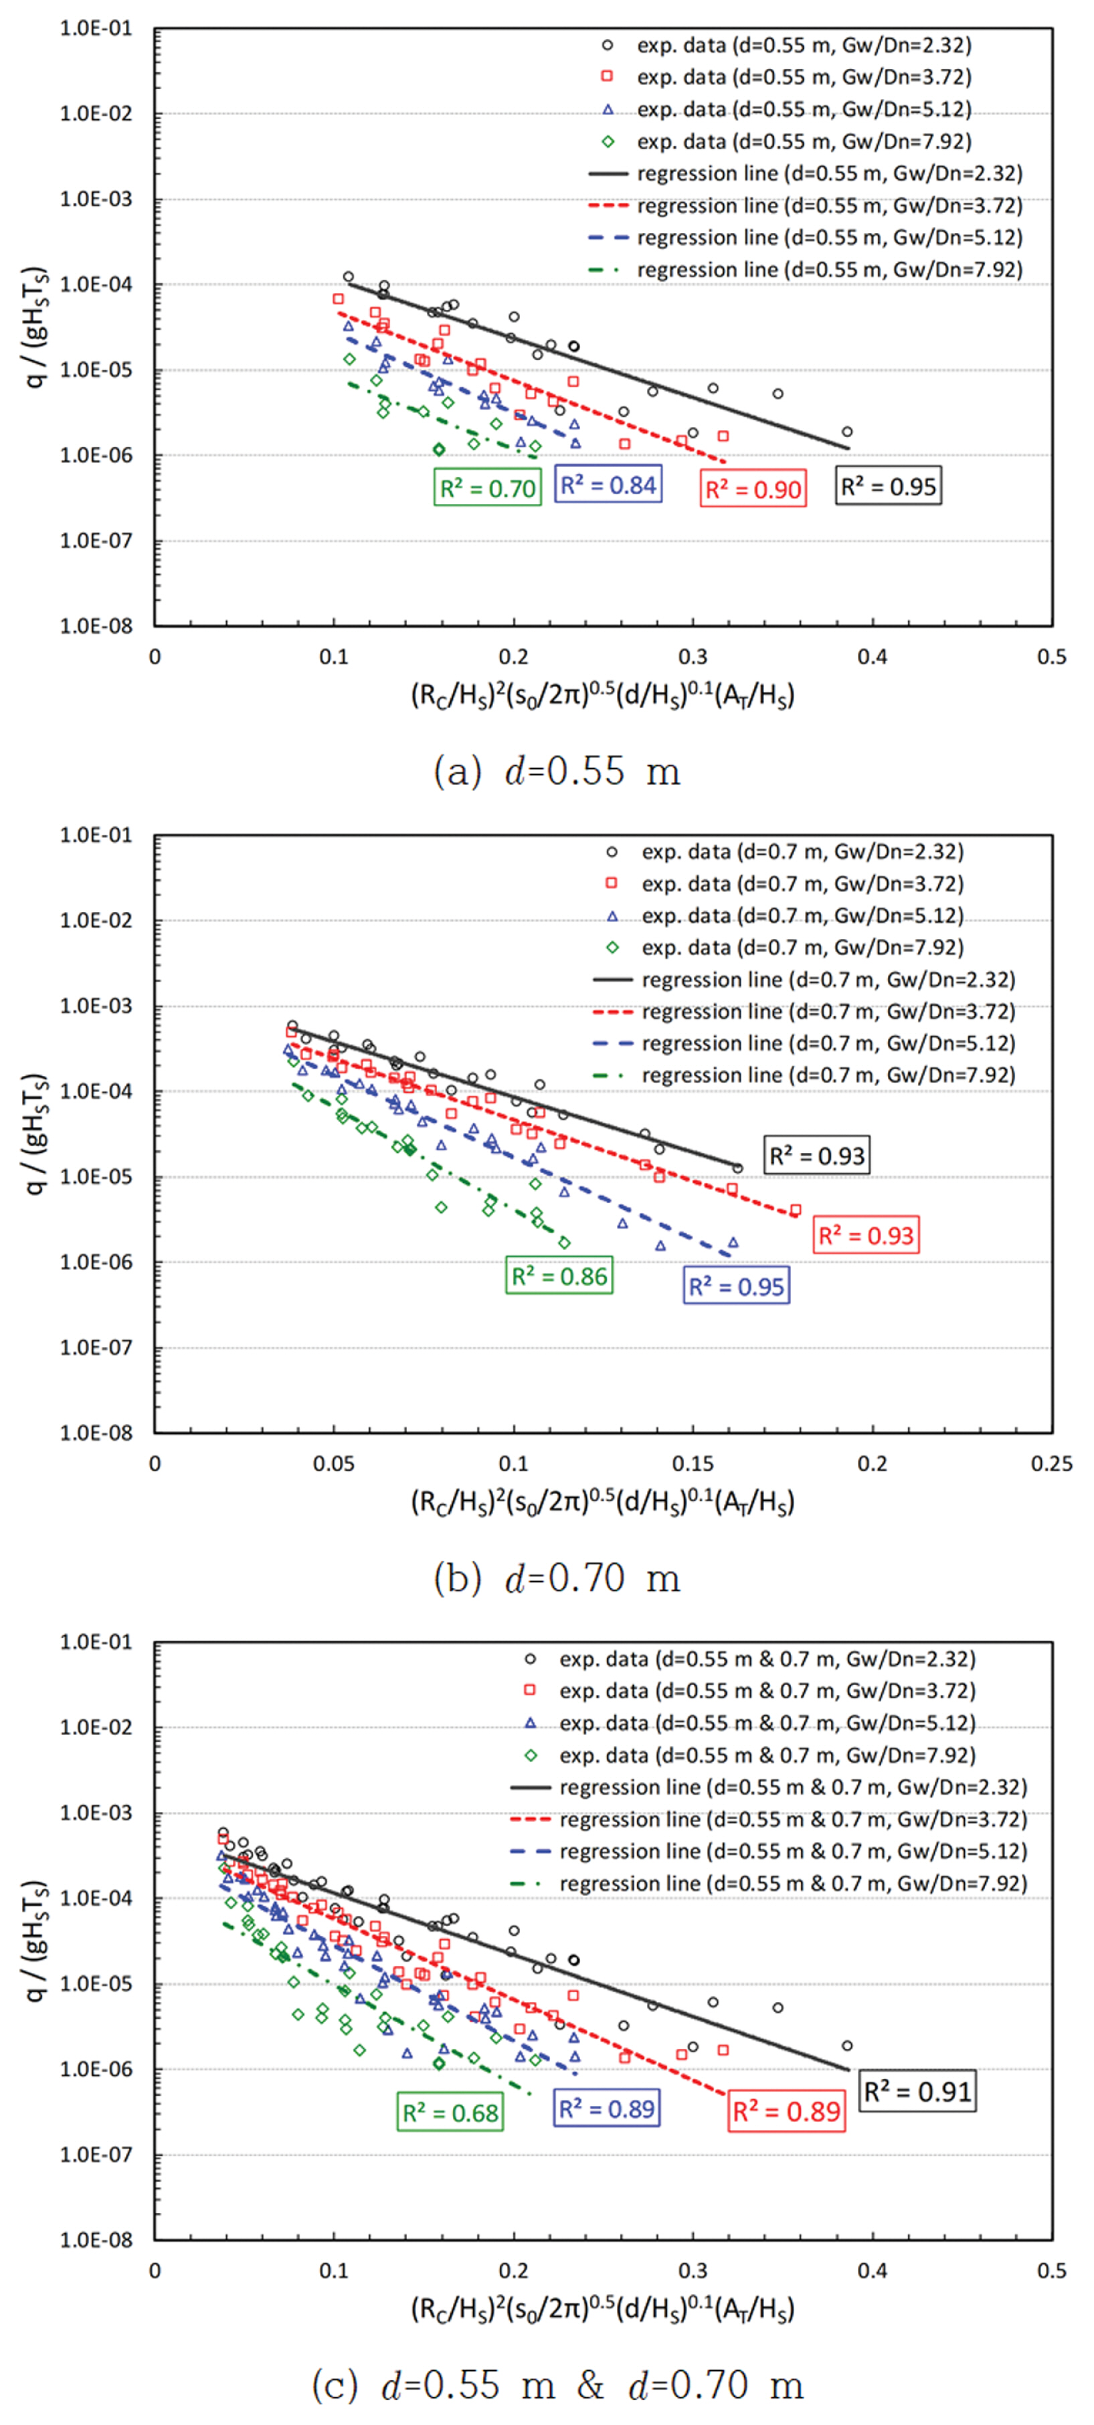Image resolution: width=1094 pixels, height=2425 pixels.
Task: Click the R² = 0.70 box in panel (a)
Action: point(486,488)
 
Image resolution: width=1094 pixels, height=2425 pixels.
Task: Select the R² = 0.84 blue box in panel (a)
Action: point(608,485)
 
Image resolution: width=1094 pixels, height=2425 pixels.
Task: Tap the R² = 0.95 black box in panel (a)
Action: point(888,486)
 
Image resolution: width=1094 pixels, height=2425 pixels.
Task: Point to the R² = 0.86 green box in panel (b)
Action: point(558,1275)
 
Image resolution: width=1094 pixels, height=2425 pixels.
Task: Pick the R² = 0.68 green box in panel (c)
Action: point(450,2113)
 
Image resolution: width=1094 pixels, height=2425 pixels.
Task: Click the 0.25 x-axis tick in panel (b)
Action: point(1052,1463)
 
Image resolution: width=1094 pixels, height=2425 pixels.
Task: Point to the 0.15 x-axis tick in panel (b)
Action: point(693,1463)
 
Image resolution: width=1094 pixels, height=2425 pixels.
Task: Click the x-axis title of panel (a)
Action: point(603,695)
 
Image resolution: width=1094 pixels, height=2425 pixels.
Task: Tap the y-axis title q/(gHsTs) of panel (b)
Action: point(35,1134)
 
